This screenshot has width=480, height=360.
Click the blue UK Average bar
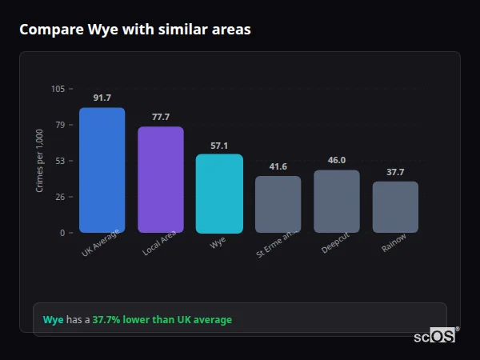pos(102,170)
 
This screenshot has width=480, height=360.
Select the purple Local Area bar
pos(161,180)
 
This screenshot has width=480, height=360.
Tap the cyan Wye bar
pos(219,194)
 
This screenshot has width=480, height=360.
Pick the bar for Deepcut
pos(337,202)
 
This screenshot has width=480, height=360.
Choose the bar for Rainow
pos(395,207)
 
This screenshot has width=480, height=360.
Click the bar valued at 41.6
pos(278,205)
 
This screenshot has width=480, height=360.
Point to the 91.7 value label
pos(102,98)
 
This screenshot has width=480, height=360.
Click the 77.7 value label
pos(161,117)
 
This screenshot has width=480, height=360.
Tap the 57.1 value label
pos(219,146)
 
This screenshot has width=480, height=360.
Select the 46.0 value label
pos(337,160)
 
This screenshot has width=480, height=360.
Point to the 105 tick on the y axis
pos(58,89)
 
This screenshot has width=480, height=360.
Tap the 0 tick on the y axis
pos(62,233)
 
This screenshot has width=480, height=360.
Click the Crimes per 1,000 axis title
pos(40,161)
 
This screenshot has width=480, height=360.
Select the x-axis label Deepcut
pos(335,244)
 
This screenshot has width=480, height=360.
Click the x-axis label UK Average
pos(101,243)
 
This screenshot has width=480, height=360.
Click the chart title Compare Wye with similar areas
pos(135,30)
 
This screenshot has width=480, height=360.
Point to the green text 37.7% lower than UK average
pos(162,320)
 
